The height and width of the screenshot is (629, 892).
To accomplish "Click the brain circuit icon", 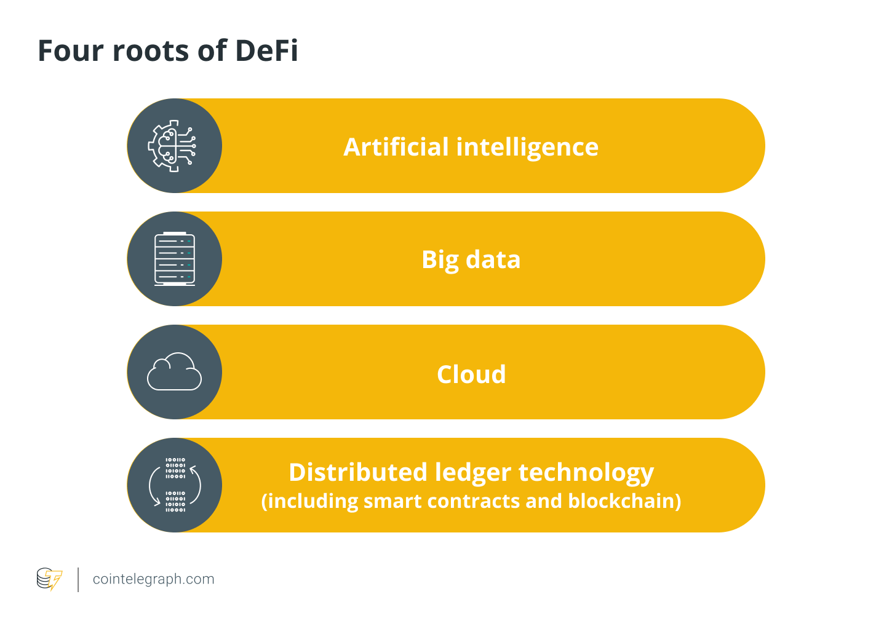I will [x=173, y=146].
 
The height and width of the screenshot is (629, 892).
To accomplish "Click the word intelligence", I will [x=527, y=148].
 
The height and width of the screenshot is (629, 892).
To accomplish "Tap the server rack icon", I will [x=175, y=259].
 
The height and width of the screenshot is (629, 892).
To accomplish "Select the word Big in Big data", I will [x=440, y=260].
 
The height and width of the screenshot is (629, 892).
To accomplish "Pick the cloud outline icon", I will [x=174, y=372].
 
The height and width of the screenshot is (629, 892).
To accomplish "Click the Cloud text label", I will [x=471, y=374].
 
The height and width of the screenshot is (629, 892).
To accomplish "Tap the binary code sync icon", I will [x=175, y=485].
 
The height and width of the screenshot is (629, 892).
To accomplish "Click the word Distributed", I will [x=358, y=472].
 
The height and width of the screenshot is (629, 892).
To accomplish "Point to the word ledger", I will [x=473, y=473].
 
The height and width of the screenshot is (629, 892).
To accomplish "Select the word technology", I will [x=586, y=473].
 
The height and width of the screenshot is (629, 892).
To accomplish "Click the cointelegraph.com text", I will [x=154, y=579].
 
